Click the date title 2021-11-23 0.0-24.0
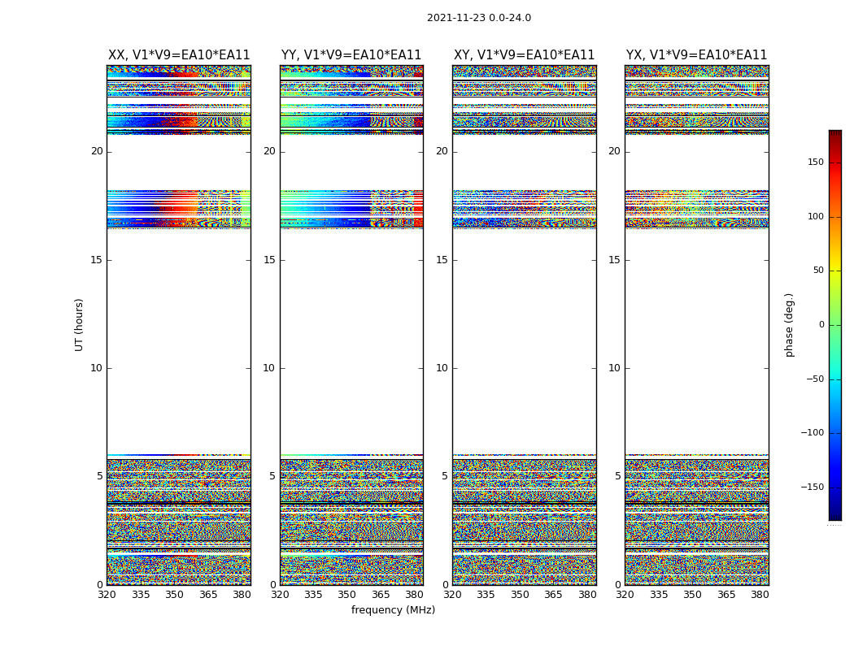pos(478,18)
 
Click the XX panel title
pos(179,55)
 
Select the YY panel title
pos(351,55)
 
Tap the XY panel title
pos(524,55)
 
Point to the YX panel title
pos(696,55)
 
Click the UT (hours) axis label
pos(79,324)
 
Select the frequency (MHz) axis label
pos(393,610)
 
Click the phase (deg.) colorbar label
pos(789,324)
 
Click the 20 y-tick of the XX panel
pos(97,151)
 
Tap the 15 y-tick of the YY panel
pos(269,260)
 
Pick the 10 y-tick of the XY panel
pos(442,368)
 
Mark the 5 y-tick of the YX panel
pos(617,476)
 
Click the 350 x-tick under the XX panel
pos(174,595)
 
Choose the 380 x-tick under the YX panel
pos(760,595)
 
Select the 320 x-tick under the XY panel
pos(452,595)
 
